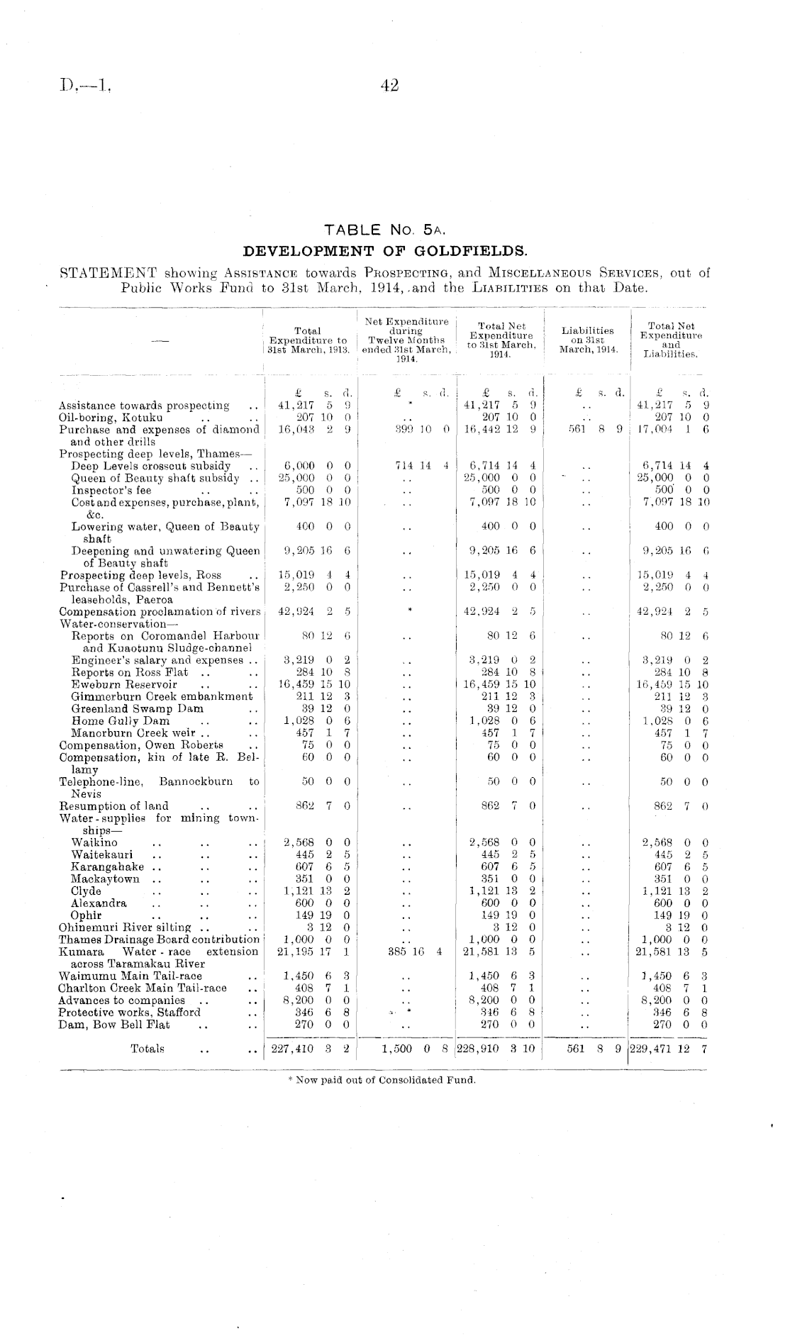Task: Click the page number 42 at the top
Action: pyautogui.click(x=390, y=86)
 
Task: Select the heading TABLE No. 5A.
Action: pyautogui.click(x=384, y=230)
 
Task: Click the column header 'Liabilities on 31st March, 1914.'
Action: pyautogui.click(x=587, y=340)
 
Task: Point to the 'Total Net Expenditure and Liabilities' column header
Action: pyautogui.click(x=670, y=340)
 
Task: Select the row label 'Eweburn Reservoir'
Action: pyautogui.click(x=124, y=685)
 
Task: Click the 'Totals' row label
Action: pyautogui.click(x=148, y=1049)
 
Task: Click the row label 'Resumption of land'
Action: pyautogui.click(x=114, y=805)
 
